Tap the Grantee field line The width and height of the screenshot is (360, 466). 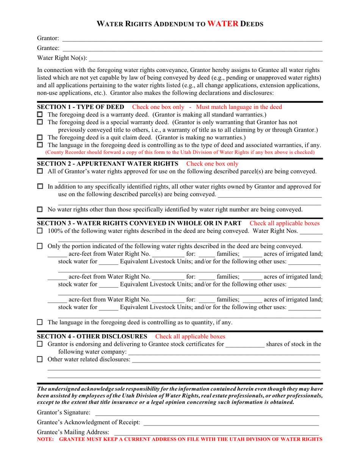pos(191,48)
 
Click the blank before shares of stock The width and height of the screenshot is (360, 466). pos(245,344)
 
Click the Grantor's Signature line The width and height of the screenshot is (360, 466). pos(207,412)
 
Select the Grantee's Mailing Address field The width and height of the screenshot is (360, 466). pos(216,432)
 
